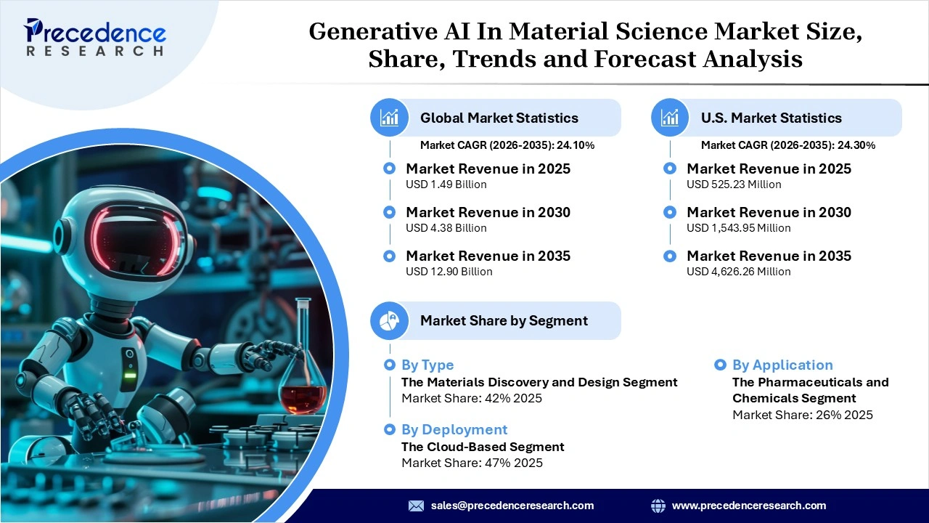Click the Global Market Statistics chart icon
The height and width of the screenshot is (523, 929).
coord(390,118)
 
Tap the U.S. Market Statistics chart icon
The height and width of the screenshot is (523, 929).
coord(670,118)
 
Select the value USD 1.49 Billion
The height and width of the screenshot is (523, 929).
coord(446,185)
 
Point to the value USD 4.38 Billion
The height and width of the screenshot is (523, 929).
coord(446,228)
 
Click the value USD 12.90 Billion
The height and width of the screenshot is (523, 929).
coord(449,272)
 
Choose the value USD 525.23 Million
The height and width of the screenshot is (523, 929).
coord(734,185)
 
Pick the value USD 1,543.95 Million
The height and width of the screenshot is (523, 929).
coord(738,228)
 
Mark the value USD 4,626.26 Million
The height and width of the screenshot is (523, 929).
coord(738,272)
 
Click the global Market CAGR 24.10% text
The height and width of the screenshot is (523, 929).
coord(507,145)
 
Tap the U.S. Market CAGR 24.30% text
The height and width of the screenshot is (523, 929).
coord(787,145)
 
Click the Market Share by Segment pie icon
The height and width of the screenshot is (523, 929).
coord(390,320)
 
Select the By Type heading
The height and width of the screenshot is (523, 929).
coord(427,365)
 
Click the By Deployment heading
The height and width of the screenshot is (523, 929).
coord(454,429)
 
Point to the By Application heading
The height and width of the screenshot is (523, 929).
coord(782,365)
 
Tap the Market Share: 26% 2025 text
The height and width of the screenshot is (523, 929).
coord(802,415)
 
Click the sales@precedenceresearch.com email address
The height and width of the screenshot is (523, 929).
coord(512,506)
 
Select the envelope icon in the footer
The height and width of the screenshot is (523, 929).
coord(416,506)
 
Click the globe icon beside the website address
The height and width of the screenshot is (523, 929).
coord(658,506)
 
